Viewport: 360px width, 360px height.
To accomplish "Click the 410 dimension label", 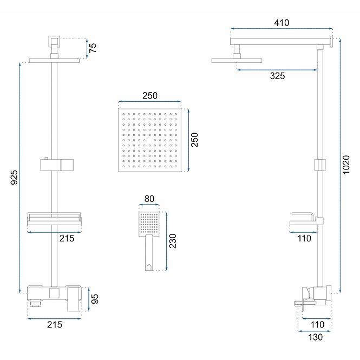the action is point(282,23).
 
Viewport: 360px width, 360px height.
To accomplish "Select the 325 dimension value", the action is point(277,76).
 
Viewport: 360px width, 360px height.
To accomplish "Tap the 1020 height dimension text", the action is point(346,165).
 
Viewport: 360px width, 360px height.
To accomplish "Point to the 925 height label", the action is point(14,177).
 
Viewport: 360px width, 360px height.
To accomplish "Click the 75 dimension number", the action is point(93,48).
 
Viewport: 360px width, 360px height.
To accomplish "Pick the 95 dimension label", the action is point(95,299).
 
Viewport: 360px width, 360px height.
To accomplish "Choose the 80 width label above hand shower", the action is point(149,199).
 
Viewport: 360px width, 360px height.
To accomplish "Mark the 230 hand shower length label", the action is point(173,241).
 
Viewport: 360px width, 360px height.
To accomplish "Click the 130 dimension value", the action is point(315,337).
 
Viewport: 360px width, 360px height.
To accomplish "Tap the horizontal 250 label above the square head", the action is point(150,95).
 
